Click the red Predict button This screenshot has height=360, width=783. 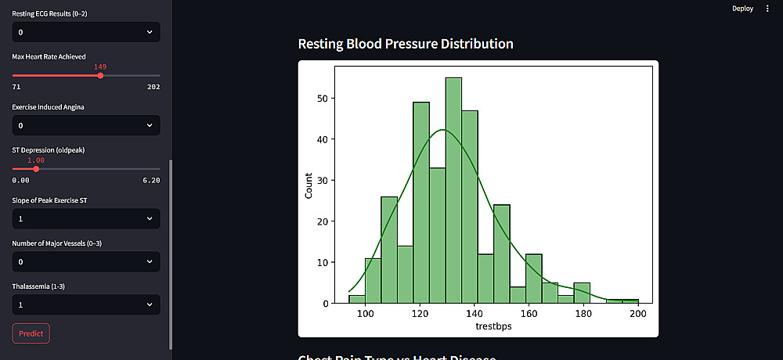[31, 333]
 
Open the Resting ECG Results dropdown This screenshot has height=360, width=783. [86, 32]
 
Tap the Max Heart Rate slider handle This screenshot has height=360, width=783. [99, 75]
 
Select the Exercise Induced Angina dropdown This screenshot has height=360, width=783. [86, 125]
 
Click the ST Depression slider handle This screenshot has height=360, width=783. [36, 168]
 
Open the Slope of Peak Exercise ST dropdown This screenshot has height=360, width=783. [86, 218]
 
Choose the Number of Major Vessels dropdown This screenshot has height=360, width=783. [86, 261]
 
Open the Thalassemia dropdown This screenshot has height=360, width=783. [86, 304]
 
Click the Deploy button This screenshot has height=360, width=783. [742, 9]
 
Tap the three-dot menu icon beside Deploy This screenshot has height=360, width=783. [767, 9]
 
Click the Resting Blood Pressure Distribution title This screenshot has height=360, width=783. [406, 43]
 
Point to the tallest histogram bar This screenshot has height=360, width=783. [453, 188]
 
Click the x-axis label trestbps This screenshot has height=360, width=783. [493, 326]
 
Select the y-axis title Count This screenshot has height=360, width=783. [309, 185]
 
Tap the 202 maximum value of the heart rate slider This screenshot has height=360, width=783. [153, 87]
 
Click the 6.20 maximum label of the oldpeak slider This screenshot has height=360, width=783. [152, 180]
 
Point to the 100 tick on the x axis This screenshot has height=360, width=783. [365, 314]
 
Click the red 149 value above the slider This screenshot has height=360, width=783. [100, 67]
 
